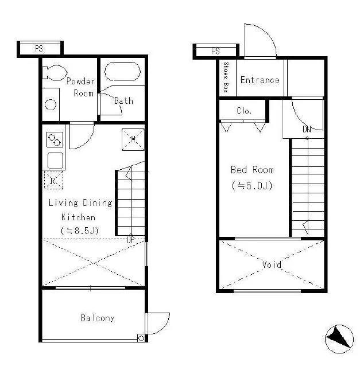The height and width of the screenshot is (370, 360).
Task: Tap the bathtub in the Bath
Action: coord(122,72)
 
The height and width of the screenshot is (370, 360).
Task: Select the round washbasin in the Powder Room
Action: coord(51,104)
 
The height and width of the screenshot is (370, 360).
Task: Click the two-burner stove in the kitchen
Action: coord(55,140)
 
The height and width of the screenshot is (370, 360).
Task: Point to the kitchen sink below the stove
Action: coord(55,161)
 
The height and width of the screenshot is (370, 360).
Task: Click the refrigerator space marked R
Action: coord(53,180)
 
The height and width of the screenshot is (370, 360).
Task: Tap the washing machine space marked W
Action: coord(133,139)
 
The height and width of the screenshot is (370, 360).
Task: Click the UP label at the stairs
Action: coord(130,240)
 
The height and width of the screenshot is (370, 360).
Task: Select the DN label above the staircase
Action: coord(307,129)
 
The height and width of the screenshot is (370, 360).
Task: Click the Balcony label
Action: coord(98,318)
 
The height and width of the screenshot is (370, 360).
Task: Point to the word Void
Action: coord(272,264)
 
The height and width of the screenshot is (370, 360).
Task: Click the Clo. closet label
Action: coord(244,111)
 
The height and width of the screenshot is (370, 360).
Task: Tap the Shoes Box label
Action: coord(226,77)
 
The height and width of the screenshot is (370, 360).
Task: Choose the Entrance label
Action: coord(260,80)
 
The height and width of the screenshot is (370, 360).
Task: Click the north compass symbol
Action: coord(339,339)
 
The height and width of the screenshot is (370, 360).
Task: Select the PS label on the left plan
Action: coord(39,49)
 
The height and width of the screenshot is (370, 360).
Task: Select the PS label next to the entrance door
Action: coord(215,51)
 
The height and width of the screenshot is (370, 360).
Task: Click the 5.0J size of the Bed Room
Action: coord(257,186)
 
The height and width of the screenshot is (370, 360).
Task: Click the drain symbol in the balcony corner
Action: coord(141,338)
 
